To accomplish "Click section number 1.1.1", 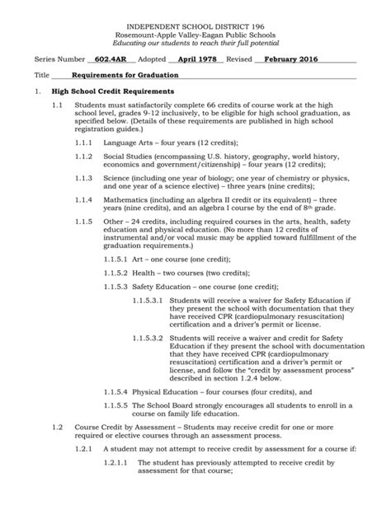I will coord(84,143).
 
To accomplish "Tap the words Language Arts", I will coord(129,143).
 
